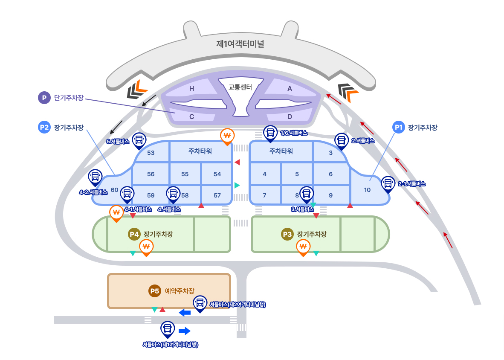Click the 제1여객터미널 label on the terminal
[240, 44]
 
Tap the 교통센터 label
[240, 87]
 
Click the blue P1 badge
[398, 127]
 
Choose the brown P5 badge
[154, 291]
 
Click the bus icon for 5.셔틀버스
[139, 139]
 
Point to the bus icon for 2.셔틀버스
[341, 140]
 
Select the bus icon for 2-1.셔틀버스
[388, 183]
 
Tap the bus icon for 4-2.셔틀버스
[95, 176]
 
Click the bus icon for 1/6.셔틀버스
[270, 132]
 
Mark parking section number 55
[185, 174]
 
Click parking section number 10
[367, 190]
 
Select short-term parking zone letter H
[192, 89]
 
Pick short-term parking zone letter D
[290, 116]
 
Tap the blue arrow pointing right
[185, 331]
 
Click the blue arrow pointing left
[185, 313]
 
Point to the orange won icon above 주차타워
[227, 136]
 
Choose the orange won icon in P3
[303, 247]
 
